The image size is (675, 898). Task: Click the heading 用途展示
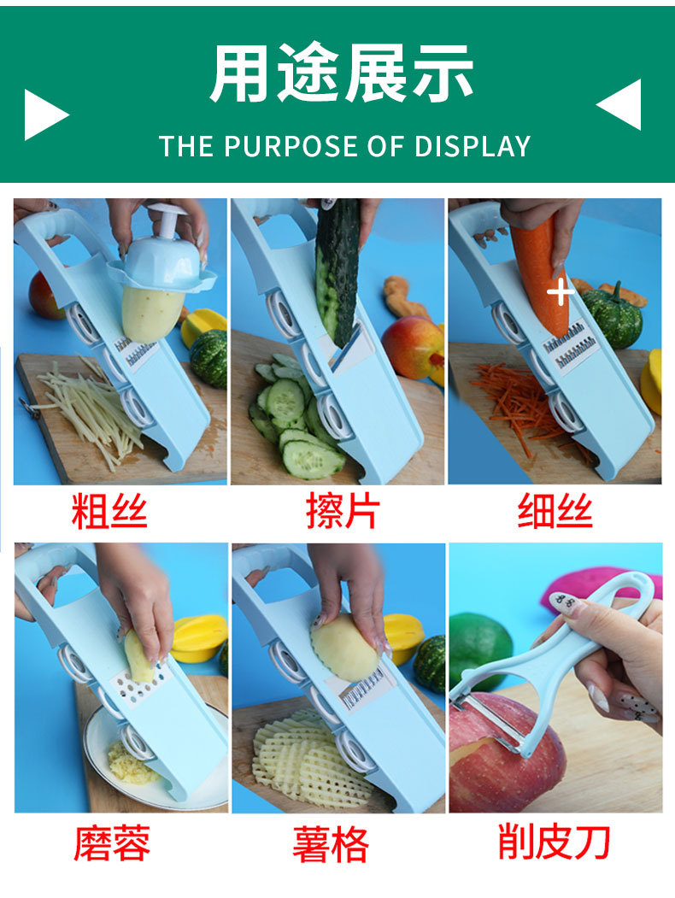[x=342, y=73]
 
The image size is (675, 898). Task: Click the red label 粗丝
[x=109, y=511]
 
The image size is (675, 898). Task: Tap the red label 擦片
[x=343, y=511]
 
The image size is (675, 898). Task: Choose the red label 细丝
[x=555, y=511]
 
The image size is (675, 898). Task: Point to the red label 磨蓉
[x=112, y=843]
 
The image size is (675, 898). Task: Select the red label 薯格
[x=331, y=844]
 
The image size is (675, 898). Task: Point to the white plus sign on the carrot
[x=560, y=293]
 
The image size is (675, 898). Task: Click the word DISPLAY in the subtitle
[x=472, y=146]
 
